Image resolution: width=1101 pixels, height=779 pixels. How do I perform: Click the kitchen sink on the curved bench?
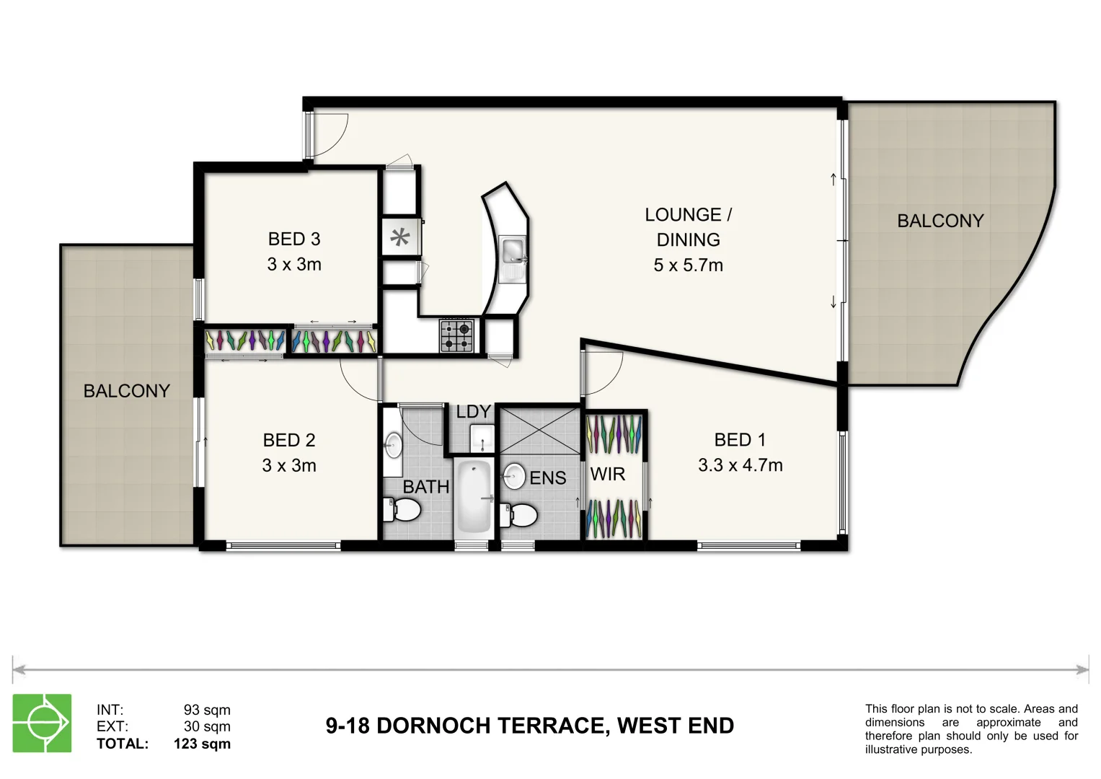coord(513,252)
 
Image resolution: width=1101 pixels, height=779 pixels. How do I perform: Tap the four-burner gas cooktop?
coord(456,336)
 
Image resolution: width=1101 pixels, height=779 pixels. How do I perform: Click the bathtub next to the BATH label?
coord(474,498)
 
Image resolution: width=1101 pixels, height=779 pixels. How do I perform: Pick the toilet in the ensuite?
coord(520,515)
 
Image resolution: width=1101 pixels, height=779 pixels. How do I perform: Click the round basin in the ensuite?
coord(514,476)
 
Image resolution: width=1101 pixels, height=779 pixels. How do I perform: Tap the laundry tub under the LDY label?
coord(482,438)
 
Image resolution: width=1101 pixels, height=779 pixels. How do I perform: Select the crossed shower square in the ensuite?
coord(540,431)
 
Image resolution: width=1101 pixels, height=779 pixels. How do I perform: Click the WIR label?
coord(608,475)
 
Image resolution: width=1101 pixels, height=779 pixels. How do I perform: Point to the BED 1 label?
coord(740,440)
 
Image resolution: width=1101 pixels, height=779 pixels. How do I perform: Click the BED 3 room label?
coord(294,239)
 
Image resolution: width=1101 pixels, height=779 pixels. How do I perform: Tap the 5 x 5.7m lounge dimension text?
coord(688,265)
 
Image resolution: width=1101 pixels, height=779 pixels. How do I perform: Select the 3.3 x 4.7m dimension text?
coord(740,465)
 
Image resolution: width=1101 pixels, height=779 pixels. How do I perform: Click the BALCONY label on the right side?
coord(940,221)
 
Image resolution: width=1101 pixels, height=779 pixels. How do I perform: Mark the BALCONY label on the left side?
coord(127,391)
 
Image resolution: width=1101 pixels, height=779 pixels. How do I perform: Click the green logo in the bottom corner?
coord(43,723)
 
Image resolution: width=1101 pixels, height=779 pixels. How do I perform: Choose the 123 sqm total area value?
coord(202,744)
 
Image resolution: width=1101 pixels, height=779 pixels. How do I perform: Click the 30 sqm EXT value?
coord(207,726)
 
